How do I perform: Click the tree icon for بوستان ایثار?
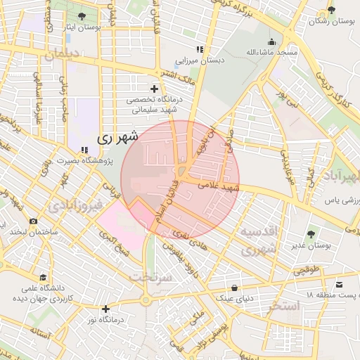(x=82, y=15)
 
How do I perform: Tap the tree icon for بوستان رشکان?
(x=331, y=10)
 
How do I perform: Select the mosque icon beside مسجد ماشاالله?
(x=272, y=41)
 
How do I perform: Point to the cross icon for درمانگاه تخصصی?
(x=154, y=89)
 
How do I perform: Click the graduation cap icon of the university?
(x=44, y=278)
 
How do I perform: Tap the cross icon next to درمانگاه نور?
(x=105, y=308)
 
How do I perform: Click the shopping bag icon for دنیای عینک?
(x=234, y=288)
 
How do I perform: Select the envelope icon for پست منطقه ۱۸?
(x=340, y=284)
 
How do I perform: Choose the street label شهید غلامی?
(x=219, y=187)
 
